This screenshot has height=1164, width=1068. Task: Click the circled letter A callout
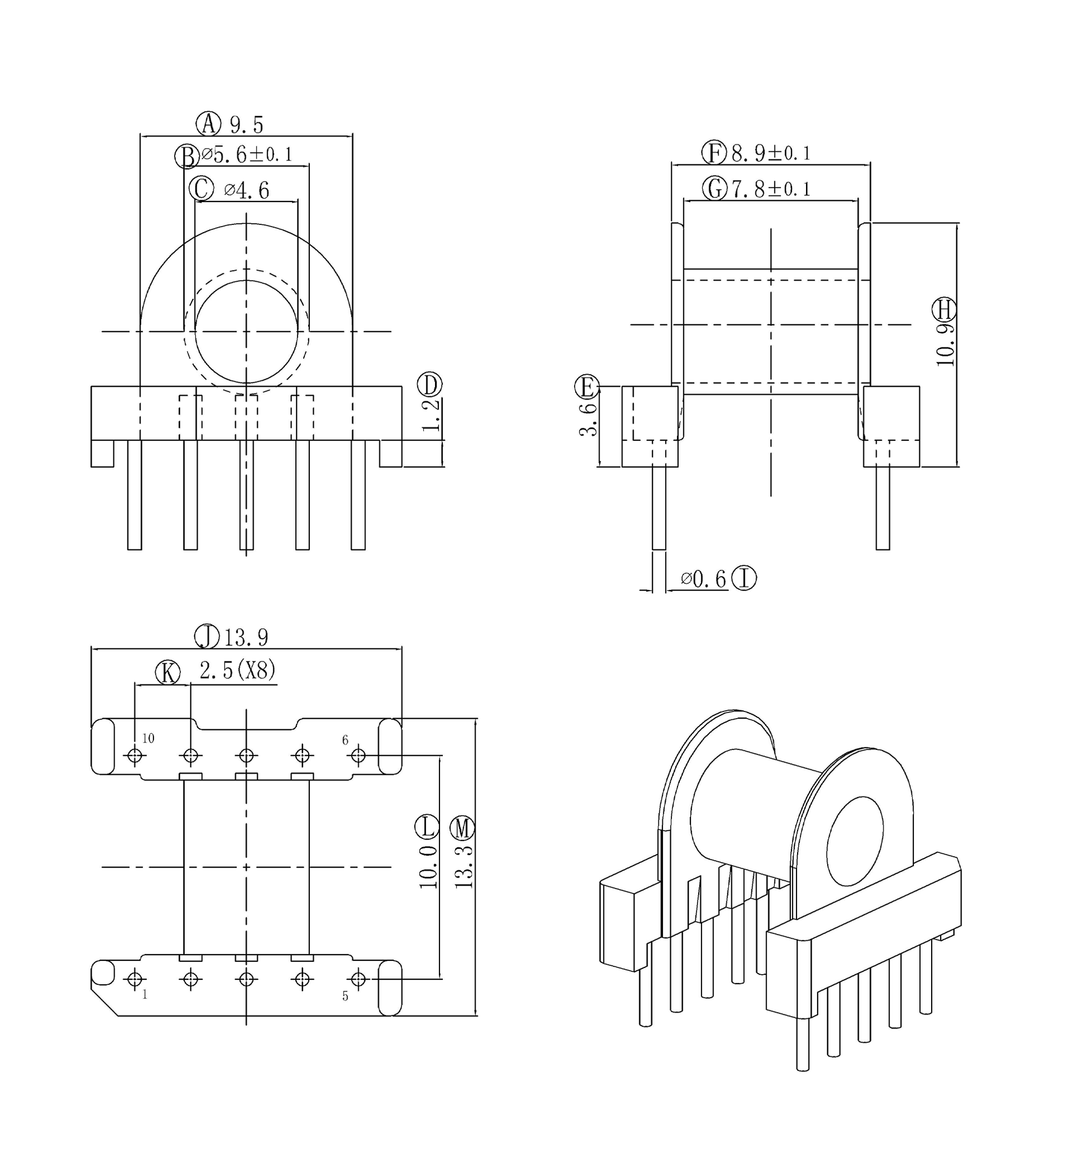click(x=208, y=124)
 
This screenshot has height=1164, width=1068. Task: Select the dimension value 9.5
click(x=247, y=125)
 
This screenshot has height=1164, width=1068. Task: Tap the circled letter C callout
click(x=201, y=189)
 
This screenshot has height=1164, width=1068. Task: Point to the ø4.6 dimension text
click(x=247, y=190)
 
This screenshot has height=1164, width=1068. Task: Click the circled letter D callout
click(x=430, y=385)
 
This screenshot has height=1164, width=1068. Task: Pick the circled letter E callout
click(x=587, y=387)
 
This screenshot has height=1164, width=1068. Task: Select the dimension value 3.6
click(x=589, y=419)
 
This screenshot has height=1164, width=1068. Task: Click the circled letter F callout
click(x=714, y=153)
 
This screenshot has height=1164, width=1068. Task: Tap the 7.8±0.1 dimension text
click(x=771, y=189)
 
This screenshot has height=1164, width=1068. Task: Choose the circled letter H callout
click(x=945, y=310)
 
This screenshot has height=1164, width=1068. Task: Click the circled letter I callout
click(x=744, y=578)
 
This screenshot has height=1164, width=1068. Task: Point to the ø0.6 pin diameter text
click(x=703, y=579)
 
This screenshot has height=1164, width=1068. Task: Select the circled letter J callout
click(x=207, y=637)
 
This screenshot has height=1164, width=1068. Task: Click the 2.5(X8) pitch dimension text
click(x=238, y=671)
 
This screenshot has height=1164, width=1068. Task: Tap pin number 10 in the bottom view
click(x=148, y=738)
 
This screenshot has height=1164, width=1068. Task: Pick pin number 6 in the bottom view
click(x=345, y=740)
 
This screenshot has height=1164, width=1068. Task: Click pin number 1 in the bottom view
click(x=145, y=995)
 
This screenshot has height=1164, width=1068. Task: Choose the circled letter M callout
click(x=462, y=829)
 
